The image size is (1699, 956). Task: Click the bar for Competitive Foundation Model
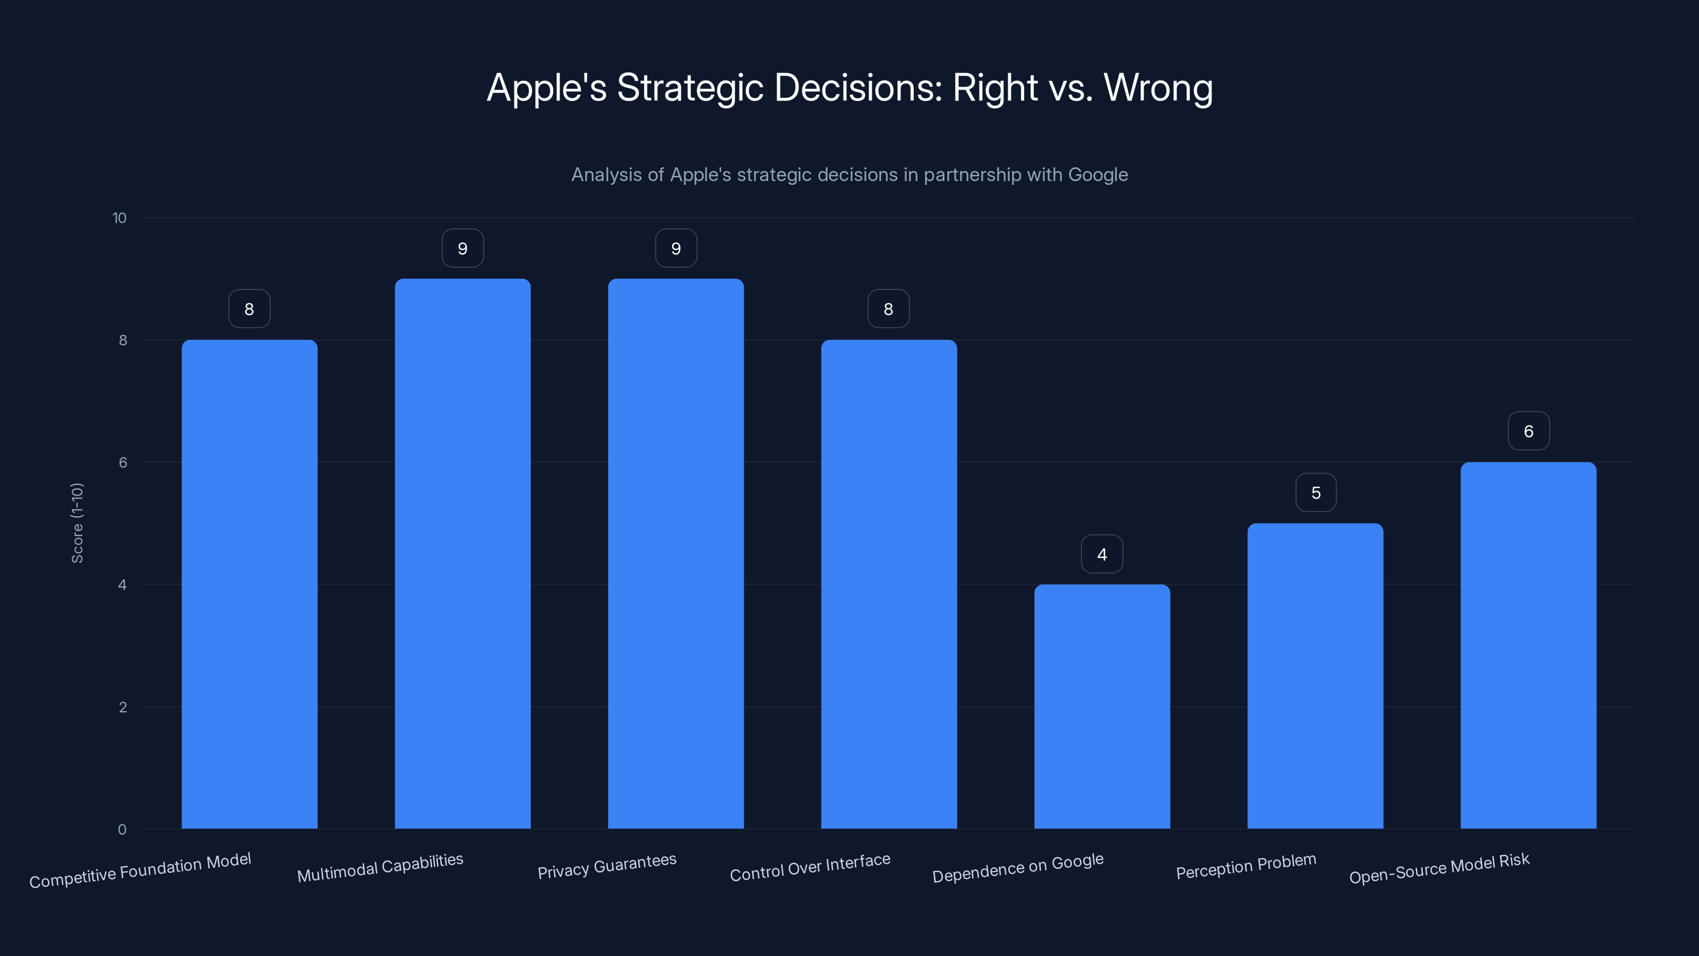pyautogui.click(x=250, y=584)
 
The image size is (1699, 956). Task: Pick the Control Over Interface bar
pyautogui.click(x=888, y=584)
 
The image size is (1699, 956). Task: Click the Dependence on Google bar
pyautogui.click(x=1102, y=706)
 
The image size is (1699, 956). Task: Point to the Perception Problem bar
pyautogui.click(x=1315, y=676)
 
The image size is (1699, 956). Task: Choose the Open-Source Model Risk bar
pyautogui.click(x=1528, y=645)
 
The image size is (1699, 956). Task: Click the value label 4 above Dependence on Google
pyautogui.click(x=1102, y=554)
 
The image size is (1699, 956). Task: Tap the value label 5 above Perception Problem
pyautogui.click(x=1316, y=493)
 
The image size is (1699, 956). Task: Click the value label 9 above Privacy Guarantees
pyautogui.click(x=676, y=249)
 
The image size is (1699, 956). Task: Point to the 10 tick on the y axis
pyautogui.click(x=119, y=218)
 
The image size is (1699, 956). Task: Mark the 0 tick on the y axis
pyautogui.click(x=122, y=829)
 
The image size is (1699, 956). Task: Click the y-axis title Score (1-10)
pyautogui.click(x=77, y=523)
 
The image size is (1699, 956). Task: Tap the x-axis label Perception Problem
pyautogui.click(x=1246, y=866)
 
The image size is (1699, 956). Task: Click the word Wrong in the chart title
pyautogui.click(x=1158, y=88)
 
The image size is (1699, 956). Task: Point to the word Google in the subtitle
pyautogui.click(x=1098, y=175)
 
